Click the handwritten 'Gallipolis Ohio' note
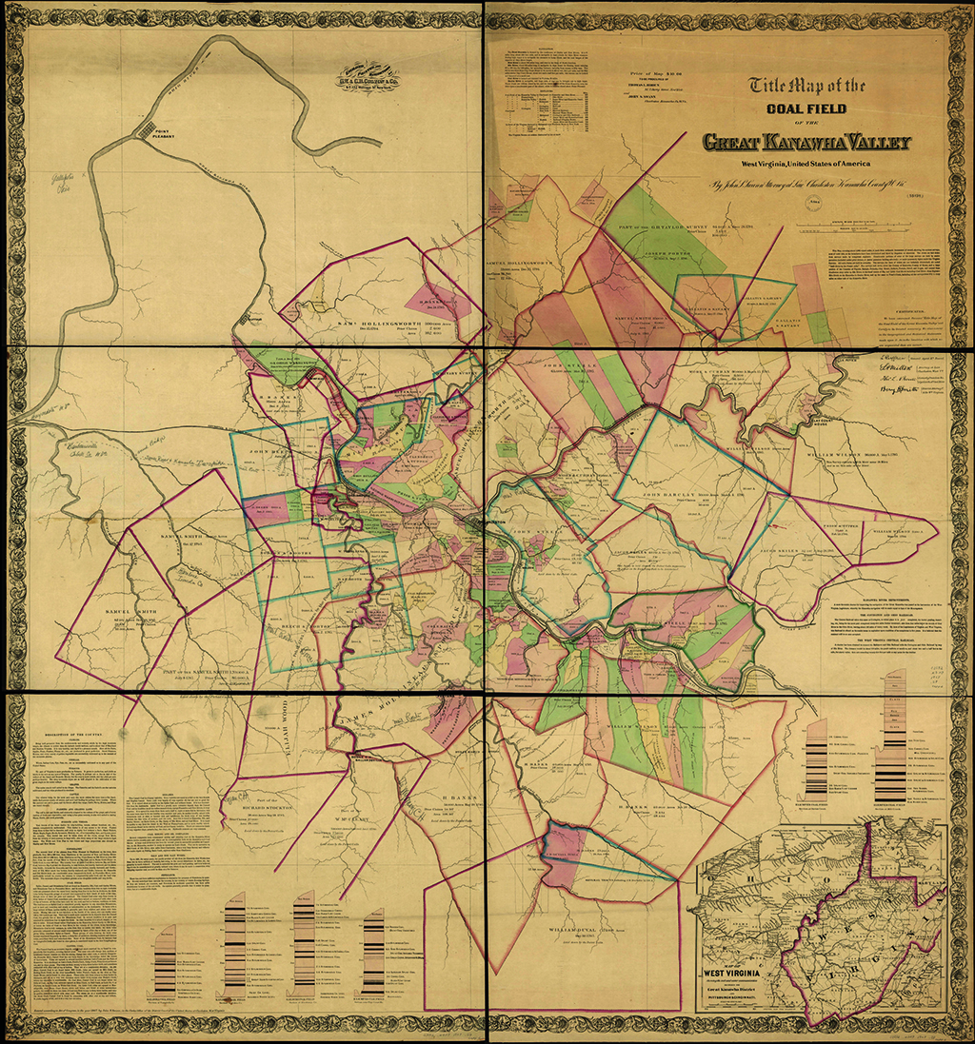[x=61, y=182]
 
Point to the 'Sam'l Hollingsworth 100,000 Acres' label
[x=381, y=324]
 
